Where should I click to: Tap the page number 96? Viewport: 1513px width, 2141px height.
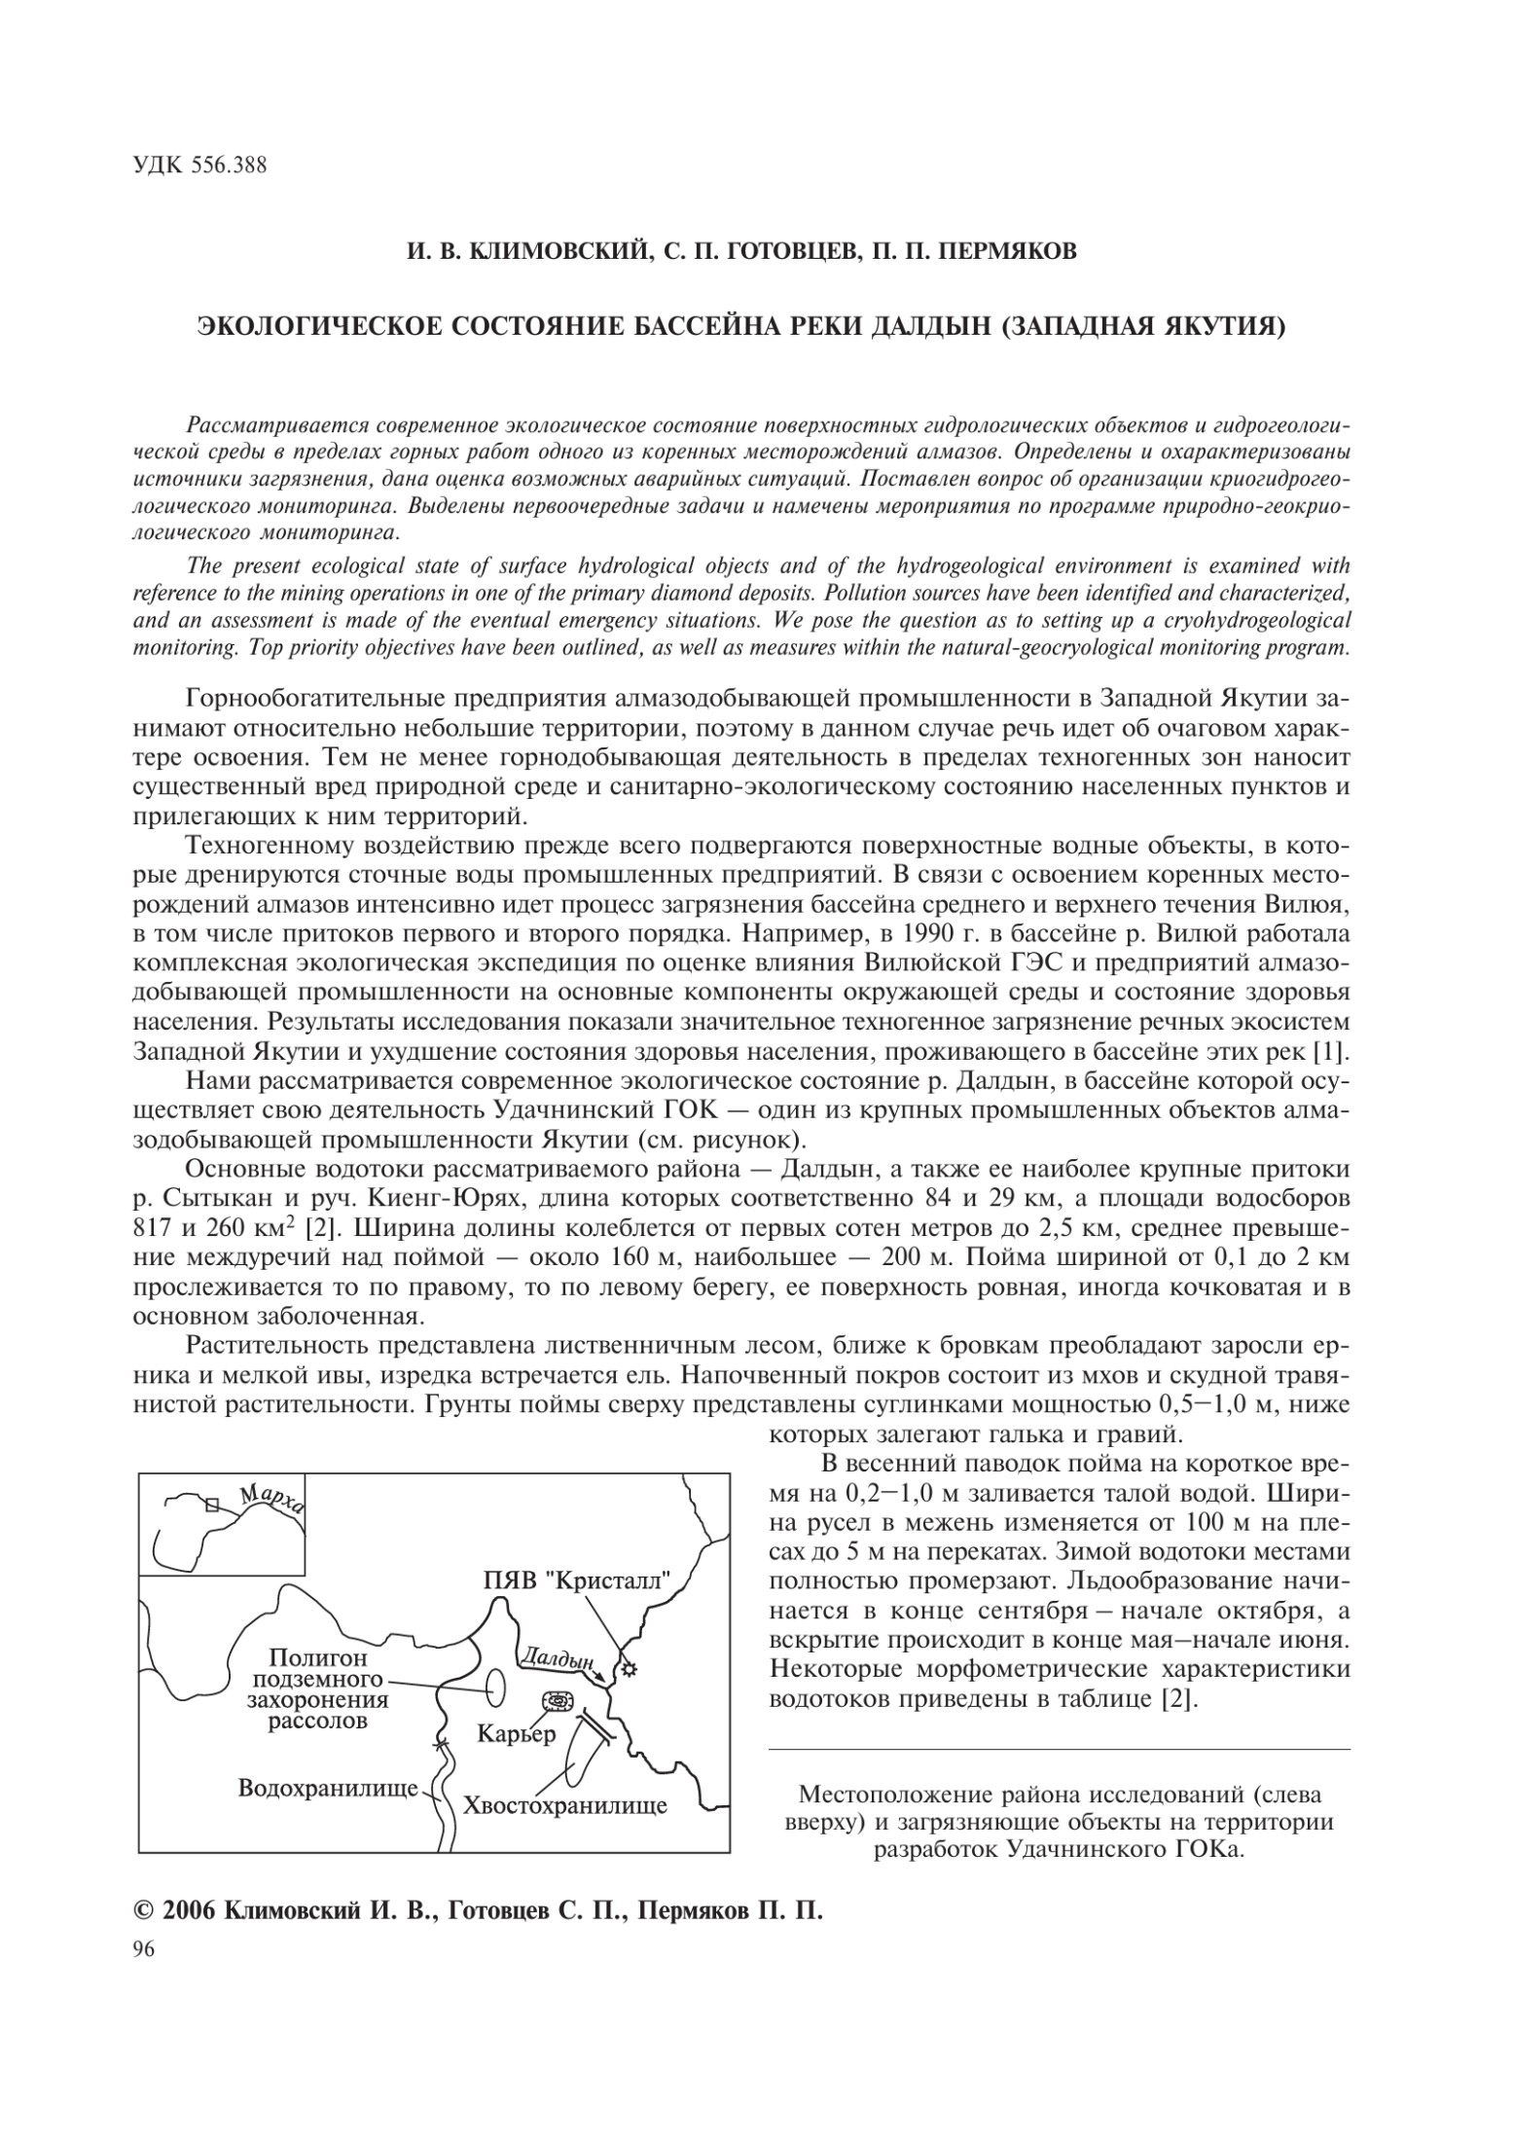click(142, 1975)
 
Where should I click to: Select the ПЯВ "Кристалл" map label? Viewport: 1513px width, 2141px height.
click(578, 1579)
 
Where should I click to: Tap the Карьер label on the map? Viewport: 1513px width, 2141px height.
click(516, 1732)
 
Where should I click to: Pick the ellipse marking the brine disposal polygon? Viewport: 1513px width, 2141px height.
click(496, 1687)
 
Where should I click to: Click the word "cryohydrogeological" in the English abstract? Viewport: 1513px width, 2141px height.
click(1254, 619)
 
